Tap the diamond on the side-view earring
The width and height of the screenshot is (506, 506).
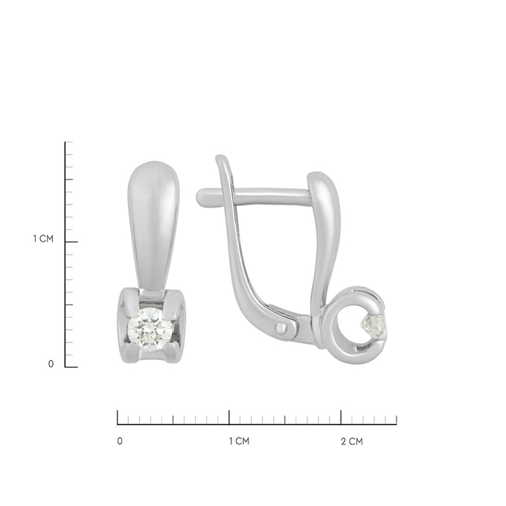click(x=375, y=327)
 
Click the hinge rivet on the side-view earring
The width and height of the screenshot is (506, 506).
click(x=281, y=328)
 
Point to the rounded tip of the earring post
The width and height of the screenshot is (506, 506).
click(x=201, y=197)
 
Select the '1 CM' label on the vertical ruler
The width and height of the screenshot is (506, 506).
click(x=43, y=239)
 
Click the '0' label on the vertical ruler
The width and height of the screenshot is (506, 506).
click(x=51, y=364)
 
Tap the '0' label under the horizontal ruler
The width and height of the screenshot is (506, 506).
click(x=120, y=441)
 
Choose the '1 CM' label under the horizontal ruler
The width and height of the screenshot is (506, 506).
click(x=239, y=441)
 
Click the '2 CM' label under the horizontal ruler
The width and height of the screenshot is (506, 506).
click(x=352, y=441)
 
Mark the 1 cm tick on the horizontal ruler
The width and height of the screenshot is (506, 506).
click(x=229, y=417)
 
